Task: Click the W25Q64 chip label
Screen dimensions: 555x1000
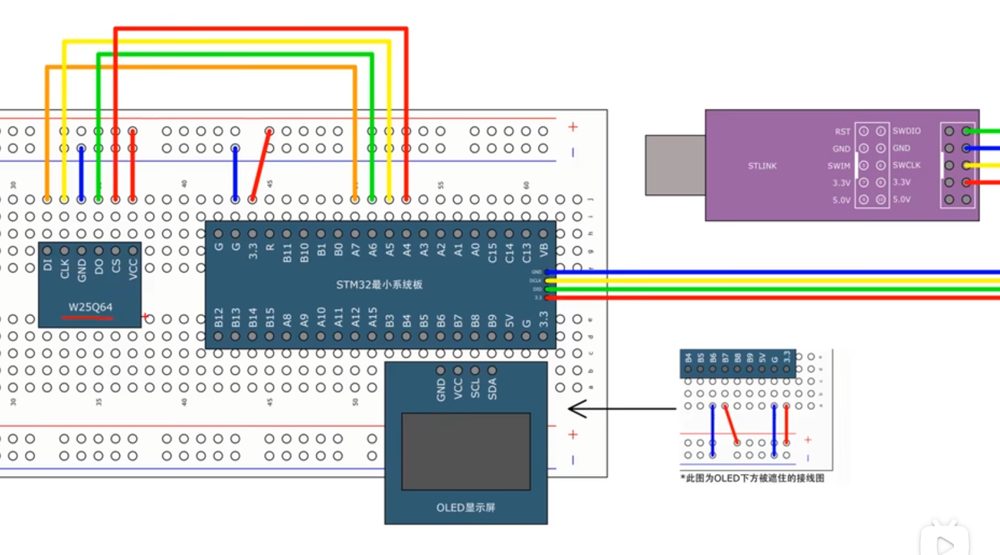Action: [91, 307]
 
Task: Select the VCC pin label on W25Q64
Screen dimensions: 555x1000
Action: [133, 268]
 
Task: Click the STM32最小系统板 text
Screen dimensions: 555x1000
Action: [379, 284]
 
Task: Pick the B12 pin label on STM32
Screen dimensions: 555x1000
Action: [218, 318]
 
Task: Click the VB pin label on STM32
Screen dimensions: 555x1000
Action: [544, 250]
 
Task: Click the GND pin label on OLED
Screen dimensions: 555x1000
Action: [441, 391]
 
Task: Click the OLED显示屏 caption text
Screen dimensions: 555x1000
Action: [466, 508]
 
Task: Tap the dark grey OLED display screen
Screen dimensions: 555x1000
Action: [466, 452]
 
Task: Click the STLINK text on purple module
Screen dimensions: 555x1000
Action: [761, 166]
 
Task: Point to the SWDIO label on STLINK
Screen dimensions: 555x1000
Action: [907, 131]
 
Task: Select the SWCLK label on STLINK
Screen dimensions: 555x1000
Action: [907, 166]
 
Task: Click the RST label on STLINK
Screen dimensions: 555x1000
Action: [842, 131]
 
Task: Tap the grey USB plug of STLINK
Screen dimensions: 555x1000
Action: [675, 165]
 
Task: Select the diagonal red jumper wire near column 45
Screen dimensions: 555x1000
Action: [261, 165]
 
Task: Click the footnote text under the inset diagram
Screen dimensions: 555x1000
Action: [751, 477]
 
